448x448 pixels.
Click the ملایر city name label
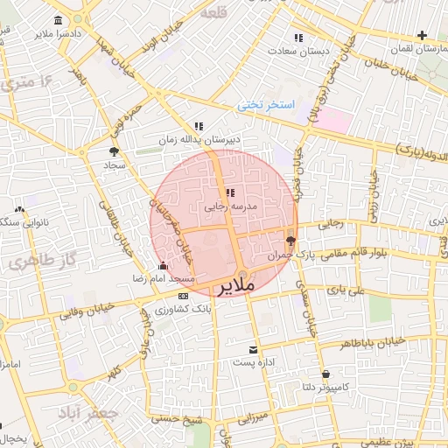tap(235, 286)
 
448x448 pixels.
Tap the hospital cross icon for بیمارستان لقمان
tap(423, 36)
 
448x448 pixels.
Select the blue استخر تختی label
tap(267, 105)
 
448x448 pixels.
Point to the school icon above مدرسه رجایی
tap(229, 192)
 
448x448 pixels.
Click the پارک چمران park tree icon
tap(290, 241)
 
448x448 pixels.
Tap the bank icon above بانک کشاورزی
tap(182, 297)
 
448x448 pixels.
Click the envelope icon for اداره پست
tap(254, 348)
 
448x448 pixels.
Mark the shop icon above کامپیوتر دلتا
tap(325, 373)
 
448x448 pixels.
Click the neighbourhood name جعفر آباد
tap(82, 410)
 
